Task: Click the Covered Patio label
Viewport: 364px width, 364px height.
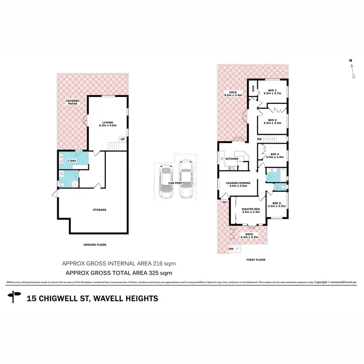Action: point(73,102)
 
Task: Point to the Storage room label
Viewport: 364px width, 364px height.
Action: point(99,210)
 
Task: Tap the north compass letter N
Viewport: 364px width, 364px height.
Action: point(350,61)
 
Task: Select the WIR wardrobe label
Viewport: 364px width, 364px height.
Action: point(253,88)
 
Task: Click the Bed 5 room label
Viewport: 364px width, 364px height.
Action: point(277,204)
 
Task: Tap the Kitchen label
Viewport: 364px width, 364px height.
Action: point(232,159)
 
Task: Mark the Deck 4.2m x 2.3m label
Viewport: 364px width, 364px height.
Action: point(249,236)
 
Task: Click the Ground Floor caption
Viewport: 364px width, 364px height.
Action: point(95,245)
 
